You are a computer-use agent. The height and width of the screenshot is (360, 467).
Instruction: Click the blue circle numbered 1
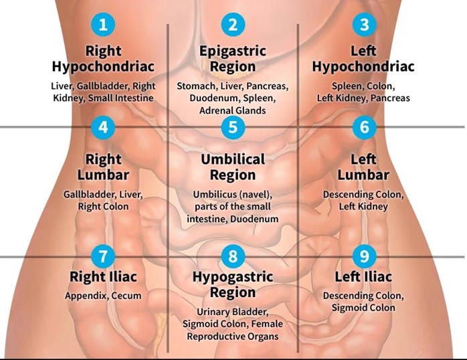point(103,24)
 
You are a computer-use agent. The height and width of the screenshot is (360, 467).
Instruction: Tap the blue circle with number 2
point(233,24)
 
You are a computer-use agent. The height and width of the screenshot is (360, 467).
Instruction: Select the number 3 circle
point(364,24)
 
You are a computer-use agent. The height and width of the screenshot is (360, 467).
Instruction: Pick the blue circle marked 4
point(103,127)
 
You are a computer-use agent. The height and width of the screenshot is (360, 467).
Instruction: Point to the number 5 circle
point(233,127)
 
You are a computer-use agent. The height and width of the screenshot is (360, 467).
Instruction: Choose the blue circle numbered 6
point(364,127)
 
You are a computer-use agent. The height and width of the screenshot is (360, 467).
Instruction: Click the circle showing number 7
point(103,256)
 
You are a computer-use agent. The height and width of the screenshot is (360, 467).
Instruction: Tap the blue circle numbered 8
point(233,256)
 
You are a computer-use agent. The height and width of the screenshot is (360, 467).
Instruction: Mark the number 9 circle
point(364,256)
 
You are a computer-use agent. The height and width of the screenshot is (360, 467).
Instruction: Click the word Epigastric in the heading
point(233,52)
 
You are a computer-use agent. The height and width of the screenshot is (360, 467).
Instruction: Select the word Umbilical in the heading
point(233,159)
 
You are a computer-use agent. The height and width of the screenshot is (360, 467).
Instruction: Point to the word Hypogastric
point(233,278)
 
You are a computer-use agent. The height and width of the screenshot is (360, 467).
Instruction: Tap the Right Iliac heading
point(103,276)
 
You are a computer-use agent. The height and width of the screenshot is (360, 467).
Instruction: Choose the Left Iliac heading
point(363,276)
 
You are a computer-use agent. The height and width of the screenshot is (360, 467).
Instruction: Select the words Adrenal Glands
point(233,110)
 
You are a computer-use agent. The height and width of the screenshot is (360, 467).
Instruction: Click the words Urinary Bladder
point(233,312)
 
